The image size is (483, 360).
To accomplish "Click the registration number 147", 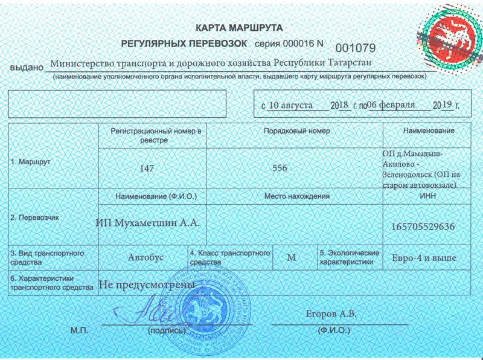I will [x=147, y=169].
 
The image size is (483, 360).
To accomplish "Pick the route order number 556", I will [x=280, y=169].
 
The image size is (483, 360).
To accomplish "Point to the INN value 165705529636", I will [x=423, y=227].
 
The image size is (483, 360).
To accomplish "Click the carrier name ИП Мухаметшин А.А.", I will [x=147, y=223].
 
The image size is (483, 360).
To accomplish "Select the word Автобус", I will [x=146, y=257].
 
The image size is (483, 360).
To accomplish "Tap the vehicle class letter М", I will [x=292, y=257].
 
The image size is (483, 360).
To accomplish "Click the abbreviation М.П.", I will [x=79, y=330].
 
